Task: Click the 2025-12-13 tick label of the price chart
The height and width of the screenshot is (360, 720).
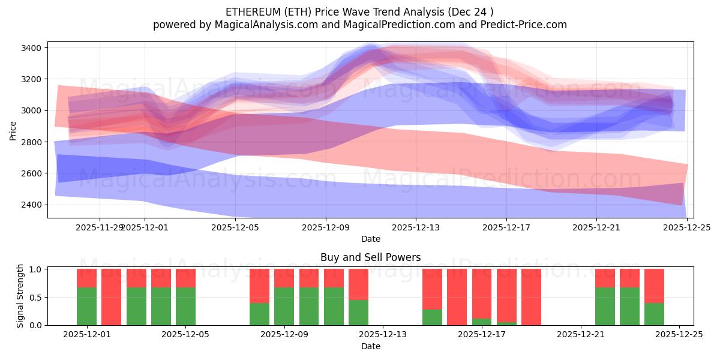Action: click(x=416, y=228)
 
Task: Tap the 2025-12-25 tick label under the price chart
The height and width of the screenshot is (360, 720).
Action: click(x=687, y=228)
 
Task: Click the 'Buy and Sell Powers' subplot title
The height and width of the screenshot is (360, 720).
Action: click(x=370, y=257)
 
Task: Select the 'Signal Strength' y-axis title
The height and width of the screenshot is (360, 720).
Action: click(x=20, y=296)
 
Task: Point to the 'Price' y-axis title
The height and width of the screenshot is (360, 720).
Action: click(x=13, y=130)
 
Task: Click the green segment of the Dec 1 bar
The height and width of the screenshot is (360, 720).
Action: click(x=87, y=306)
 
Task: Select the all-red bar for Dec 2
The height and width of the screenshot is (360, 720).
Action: click(x=112, y=297)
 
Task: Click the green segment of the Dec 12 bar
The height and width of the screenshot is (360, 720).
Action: click(x=358, y=312)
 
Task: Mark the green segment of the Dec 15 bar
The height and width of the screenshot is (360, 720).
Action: click(x=432, y=317)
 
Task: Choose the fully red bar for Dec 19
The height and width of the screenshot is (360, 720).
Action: click(x=531, y=297)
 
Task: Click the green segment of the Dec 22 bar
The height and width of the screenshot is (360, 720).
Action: click(x=605, y=306)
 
